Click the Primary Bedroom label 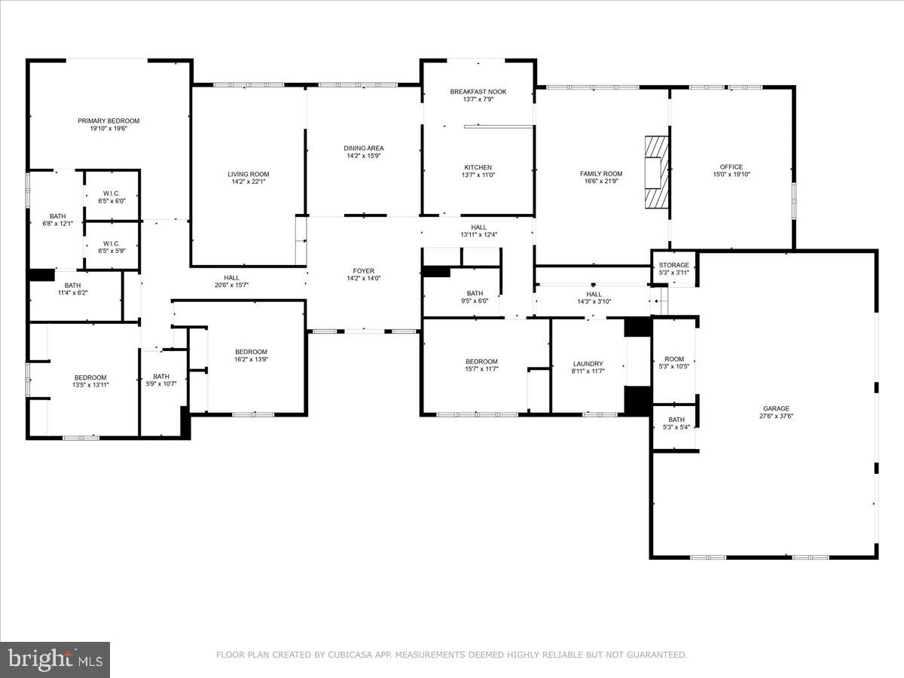pos(108,121)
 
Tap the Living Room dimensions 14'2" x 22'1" pos(248,182)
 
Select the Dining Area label pos(365,148)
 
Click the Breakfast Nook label pos(478,92)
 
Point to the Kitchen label pos(478,167)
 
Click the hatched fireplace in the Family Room pos(655,170)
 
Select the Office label pos(731,167)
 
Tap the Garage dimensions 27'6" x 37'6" pos(775,416)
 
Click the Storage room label pos(673,265)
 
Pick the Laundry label pos(588,364)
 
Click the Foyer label pos(364,271)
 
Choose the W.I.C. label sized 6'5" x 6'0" pos(111,194)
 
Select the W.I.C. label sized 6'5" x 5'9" pos(111,243)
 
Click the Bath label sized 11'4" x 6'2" pos(72,286)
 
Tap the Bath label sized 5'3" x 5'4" pos(676,420)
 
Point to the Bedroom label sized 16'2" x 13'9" pos(251,352)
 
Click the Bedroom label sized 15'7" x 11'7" pos(481,362)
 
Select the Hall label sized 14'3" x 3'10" pos(594,294)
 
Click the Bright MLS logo pos(55,660)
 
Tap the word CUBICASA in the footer pos(347,655)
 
